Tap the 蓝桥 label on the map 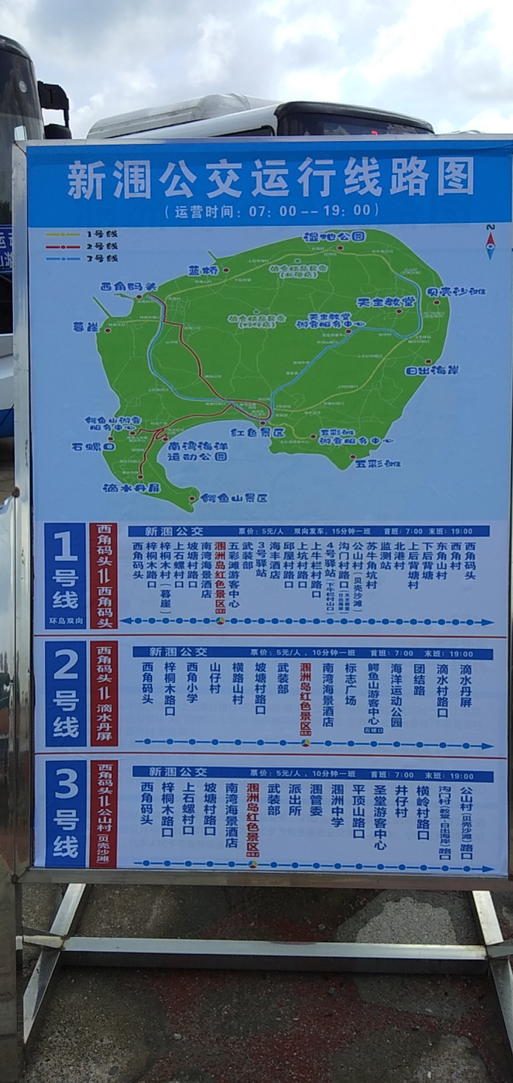pos(204,270)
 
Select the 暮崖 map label pos(86,327)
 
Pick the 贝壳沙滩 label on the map pos(457,292)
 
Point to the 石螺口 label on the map pos(93,446)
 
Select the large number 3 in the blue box pos(65,787)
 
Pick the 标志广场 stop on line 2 pos(351,684)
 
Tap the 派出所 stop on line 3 pos(294,800)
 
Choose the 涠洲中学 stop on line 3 pos(337,805)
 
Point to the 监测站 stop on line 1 pos(386,555)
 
